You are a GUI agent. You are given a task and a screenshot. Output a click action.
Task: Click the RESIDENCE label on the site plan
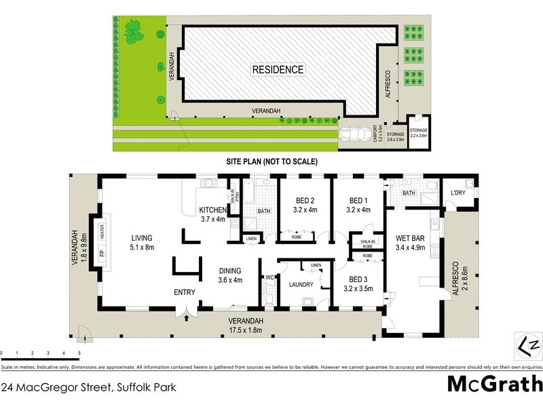[278, 70]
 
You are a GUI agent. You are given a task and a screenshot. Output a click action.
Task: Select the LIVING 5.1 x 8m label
[143, 242]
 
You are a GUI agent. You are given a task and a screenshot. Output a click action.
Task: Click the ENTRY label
[184, 292]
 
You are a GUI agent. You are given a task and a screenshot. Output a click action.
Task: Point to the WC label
[269, 277]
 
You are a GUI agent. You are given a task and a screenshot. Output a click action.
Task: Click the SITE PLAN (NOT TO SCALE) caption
[271, 162]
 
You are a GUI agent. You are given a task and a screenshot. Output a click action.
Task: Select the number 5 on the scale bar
[79, 353]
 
